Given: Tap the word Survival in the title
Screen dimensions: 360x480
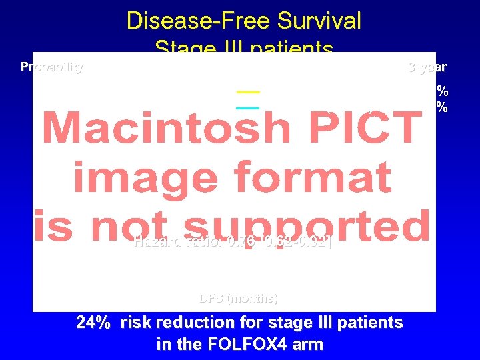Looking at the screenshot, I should click(315, 21).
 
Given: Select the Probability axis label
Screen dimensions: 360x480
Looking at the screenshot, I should click(52, 67).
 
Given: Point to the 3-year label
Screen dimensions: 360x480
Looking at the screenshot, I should click(427, 67).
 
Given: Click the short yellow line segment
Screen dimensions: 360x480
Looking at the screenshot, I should click(248, 91).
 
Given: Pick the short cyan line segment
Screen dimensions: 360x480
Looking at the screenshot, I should click(248, 106).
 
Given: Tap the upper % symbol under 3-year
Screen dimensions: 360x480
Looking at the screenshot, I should click(442, 91).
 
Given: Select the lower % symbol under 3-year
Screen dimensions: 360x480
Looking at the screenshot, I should click(442, 107).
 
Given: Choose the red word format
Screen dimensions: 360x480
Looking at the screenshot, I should click(311, 179).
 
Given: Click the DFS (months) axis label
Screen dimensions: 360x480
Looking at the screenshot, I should click(239, 298).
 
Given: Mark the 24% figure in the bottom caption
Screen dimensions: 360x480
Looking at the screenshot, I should click(94, 323).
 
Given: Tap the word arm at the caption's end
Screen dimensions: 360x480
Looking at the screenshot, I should click(309, 344).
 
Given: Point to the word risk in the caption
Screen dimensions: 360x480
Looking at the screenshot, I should click(137, 323).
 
